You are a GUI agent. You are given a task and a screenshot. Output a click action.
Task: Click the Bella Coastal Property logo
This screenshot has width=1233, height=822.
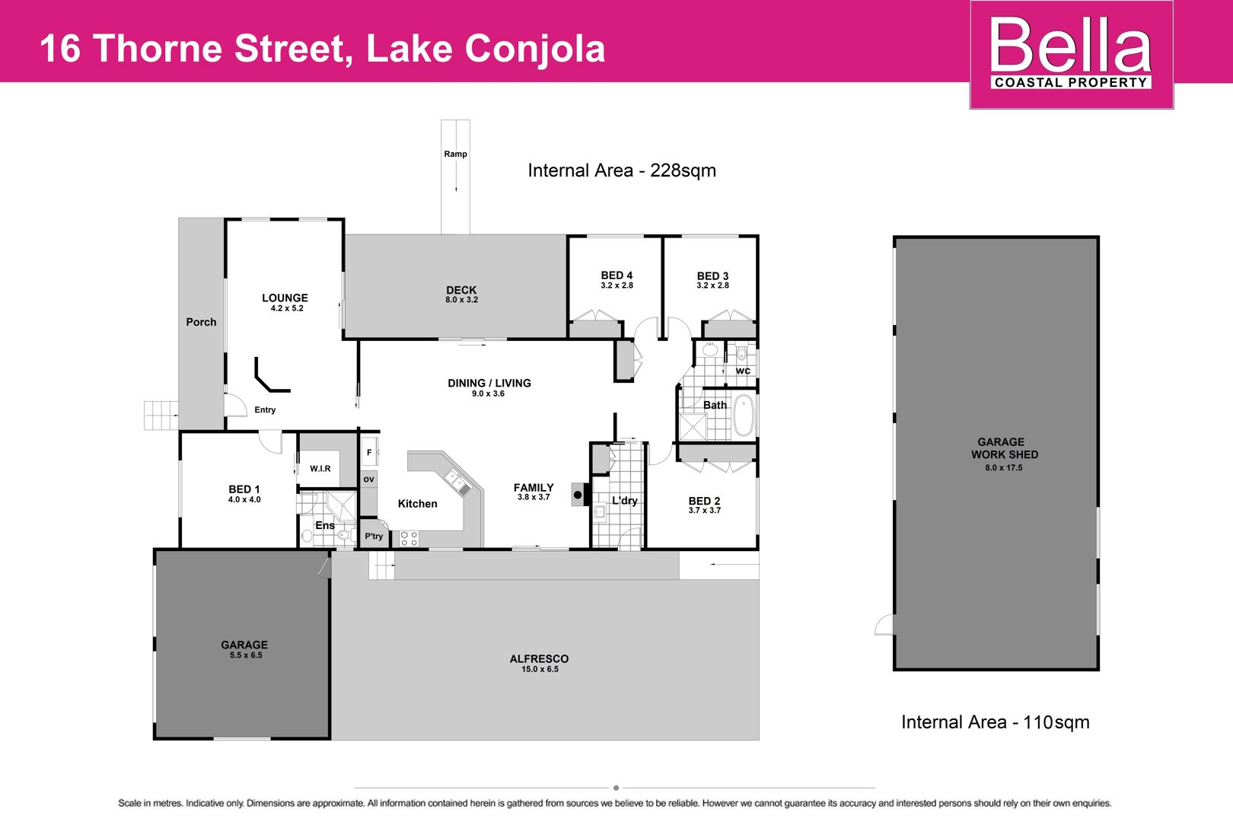1071,54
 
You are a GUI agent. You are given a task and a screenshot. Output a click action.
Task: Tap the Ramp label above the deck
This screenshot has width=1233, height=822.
455,155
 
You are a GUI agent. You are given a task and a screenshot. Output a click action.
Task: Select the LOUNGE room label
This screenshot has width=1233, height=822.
285,298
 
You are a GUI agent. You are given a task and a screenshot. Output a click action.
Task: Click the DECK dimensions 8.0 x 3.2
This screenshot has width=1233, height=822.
461,300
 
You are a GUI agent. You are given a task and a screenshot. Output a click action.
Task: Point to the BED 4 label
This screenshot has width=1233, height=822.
616,276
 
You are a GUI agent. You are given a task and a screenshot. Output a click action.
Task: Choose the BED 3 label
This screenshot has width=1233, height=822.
712,276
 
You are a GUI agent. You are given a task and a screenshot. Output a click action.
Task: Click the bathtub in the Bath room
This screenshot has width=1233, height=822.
744,416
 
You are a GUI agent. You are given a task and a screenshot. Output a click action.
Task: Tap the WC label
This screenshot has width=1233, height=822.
743,371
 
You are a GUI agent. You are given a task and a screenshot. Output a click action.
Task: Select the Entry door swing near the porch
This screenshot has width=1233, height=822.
235,405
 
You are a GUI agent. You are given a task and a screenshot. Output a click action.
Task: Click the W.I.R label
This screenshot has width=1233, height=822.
320,469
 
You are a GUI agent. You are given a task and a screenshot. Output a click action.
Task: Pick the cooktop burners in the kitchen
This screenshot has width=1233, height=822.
409,538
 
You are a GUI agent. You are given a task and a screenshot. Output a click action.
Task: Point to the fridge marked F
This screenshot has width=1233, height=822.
369,453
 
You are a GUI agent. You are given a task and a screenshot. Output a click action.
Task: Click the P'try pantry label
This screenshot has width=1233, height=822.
374,537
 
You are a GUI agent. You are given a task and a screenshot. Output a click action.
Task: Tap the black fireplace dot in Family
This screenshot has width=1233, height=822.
578,495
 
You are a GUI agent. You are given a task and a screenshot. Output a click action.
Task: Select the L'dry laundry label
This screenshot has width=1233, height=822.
624,501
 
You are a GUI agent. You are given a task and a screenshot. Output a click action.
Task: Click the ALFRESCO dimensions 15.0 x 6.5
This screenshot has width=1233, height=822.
540,670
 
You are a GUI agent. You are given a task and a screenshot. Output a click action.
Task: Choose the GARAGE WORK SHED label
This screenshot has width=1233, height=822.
1004,448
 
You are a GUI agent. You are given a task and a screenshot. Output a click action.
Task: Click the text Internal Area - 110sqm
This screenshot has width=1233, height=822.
996,722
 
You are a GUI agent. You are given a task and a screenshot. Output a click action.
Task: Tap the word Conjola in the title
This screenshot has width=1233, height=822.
535,49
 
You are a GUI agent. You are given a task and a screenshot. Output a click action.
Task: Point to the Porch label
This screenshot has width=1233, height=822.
201,322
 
